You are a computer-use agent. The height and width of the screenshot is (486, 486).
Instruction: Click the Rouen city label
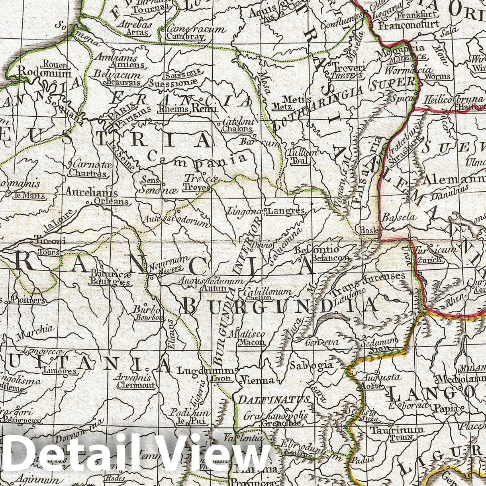tap(55, 64)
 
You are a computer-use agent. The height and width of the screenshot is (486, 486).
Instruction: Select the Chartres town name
tap(88, 173)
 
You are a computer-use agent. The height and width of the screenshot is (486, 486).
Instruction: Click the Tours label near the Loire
tap(48, 252)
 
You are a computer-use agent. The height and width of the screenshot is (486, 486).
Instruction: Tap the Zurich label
tap(429, 260)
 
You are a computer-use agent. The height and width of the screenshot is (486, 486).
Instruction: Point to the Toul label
tap(300, 161)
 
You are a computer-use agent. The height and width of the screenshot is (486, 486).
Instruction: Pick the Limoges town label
tap(61, 371)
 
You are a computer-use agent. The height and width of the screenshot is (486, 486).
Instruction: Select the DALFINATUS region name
tap(274, 399)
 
